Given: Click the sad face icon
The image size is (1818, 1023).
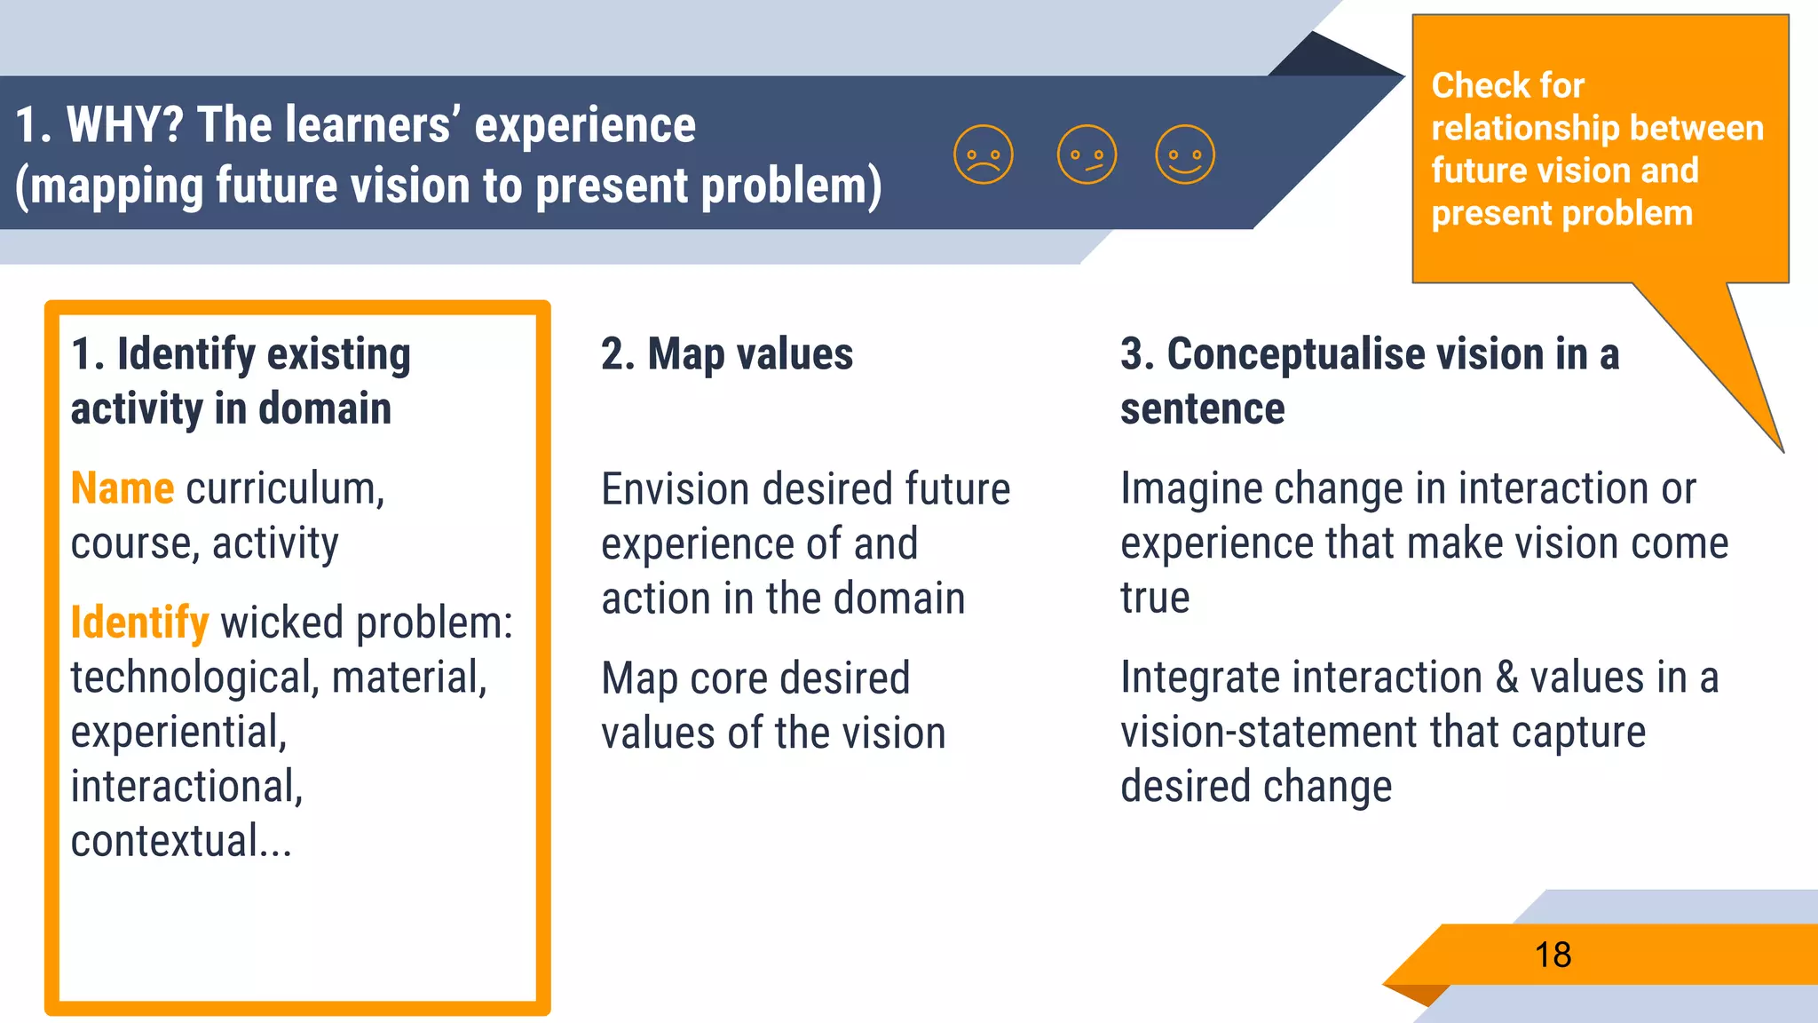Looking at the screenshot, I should coord(983,155).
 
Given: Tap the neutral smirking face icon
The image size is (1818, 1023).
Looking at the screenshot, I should coord(1087,155).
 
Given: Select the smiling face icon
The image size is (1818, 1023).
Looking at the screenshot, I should coord(1185,155).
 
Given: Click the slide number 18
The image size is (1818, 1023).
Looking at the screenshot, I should coord(1553,956).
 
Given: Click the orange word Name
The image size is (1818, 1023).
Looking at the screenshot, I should coord(123,488).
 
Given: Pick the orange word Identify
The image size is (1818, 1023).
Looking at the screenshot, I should coord(139,623).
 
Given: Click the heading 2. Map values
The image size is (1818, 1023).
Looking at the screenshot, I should coord(726,353).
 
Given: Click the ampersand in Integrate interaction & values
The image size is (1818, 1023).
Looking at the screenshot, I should coord(1506,678).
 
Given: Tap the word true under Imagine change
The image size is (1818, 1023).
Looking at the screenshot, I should coord(1154,598).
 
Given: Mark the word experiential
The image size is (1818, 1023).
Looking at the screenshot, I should coord(178,733).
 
